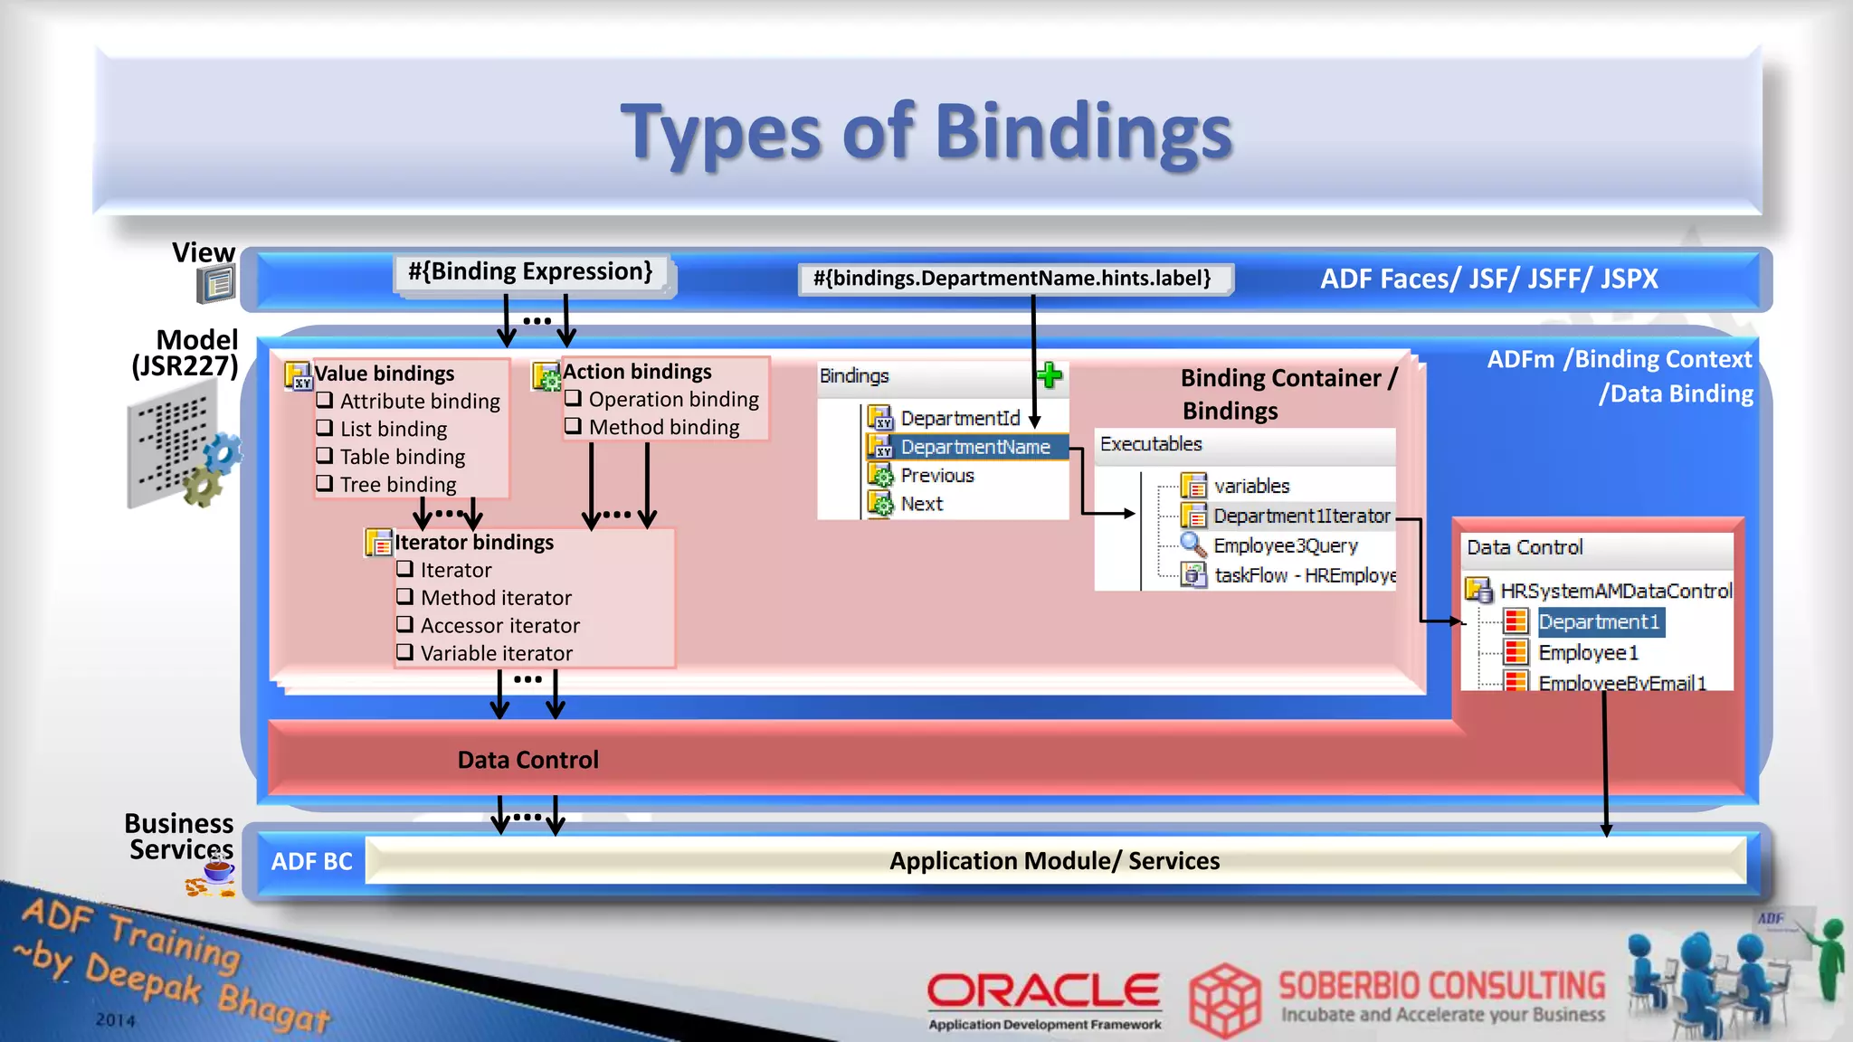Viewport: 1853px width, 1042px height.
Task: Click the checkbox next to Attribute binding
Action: [325, 400]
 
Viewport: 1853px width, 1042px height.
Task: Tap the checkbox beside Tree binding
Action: [325, 483]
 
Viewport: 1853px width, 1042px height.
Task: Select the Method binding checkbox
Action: [573, 425]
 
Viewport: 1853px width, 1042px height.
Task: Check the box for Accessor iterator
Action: [404, 624]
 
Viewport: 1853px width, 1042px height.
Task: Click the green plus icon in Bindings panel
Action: [1050, 375]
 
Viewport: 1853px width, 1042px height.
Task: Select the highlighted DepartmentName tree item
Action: [974, 447]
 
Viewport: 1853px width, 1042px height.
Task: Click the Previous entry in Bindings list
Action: [936, 476]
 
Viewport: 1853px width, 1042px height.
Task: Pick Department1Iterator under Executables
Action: [1301, 516]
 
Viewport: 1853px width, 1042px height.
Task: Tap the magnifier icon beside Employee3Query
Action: [1193, 545]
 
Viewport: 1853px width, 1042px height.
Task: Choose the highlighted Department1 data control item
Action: [1599, 622]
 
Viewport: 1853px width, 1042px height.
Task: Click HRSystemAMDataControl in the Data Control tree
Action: [1616, 591]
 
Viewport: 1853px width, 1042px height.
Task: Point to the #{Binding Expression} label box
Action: [531, 272]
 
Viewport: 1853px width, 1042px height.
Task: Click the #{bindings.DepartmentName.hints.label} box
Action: [1012, 279]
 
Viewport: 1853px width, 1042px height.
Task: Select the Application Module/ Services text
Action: [1054, 861]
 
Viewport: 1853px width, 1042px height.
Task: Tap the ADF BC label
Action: [311, 861]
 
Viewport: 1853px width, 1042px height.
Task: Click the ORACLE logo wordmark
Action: [1043, 990]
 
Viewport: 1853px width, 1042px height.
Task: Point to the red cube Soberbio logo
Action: [1224, 999]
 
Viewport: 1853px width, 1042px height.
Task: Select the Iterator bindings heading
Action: [474, 543]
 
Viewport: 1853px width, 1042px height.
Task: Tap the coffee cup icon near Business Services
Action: [217, 872]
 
